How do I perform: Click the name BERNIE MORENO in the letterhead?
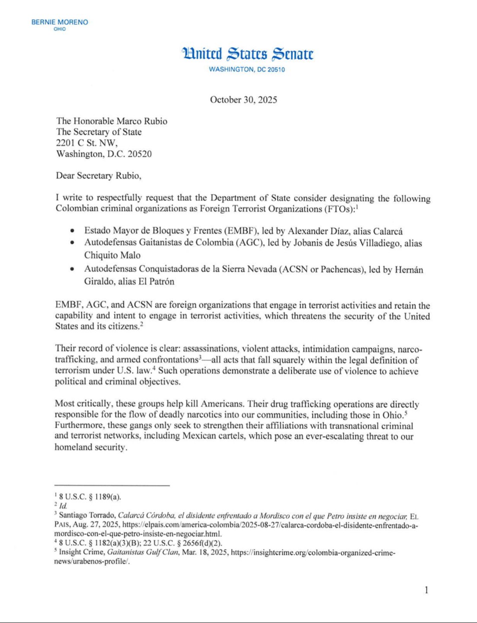pos(60,22)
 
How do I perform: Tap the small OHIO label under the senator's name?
pos(60,29)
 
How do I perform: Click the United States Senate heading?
pos(247,54)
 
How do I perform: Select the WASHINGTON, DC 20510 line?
pos(247,69)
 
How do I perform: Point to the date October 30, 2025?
pos(243,100)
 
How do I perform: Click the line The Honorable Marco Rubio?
pos(112,121)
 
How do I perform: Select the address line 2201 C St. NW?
pos(87,143)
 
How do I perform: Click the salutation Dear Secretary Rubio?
pos(99,175)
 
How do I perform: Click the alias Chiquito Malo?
pos(112,255)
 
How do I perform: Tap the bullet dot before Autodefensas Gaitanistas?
pos(72,243)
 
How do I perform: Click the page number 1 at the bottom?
pos(426,590)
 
